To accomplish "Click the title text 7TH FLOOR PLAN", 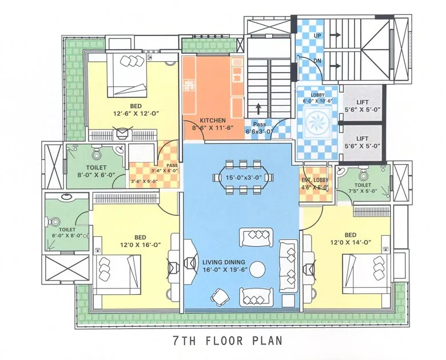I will click(227, 341).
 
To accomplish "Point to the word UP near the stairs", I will click(317, 35).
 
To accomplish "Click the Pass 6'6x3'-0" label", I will click(260, 128).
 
